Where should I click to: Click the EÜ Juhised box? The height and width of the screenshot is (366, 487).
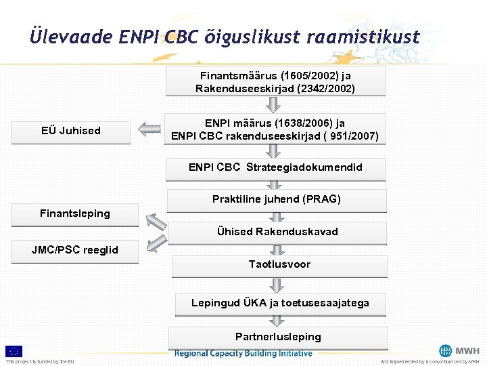[71, 131]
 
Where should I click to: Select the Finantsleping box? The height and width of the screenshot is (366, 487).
[75, 214]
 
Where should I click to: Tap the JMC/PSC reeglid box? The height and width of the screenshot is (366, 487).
[75, 250]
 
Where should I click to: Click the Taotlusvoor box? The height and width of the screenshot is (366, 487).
[279, 264]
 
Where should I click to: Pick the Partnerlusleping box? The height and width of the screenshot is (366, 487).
[278, 337]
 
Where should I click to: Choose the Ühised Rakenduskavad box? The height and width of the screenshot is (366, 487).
[277, 232]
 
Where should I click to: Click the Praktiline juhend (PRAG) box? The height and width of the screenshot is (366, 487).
[276, 199]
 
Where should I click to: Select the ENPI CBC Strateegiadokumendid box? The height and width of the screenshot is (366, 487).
[275, 167]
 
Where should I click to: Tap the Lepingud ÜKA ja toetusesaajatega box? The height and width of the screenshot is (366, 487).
[280, 303]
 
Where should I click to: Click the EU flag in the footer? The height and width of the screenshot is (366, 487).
[14, 351]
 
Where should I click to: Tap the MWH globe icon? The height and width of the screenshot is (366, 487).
[445, 351]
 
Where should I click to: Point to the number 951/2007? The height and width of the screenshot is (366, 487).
[350, 136]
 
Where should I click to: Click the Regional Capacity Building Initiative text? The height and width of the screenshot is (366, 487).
[243, 353]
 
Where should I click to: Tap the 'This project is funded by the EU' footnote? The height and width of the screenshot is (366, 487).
[40, 361]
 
